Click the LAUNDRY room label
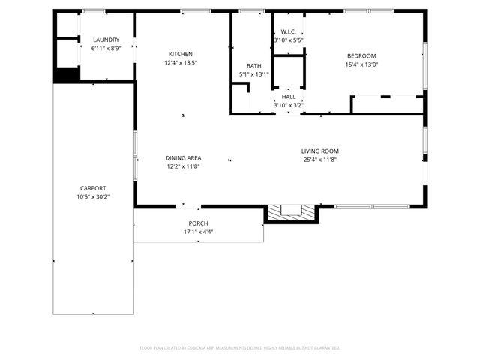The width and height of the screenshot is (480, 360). pyautogui.click(x=106, y=40)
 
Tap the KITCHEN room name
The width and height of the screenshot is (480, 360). pyautogui.click(x=180, y=54)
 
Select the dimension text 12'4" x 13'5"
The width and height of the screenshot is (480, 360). pyautogui.click(x=180, y=63)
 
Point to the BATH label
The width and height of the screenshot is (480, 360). pyautogui.click(x=253, y=66)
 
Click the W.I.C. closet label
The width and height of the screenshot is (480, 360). pyautogui.click(x=288, y=31)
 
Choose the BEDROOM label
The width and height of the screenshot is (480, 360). pyautogui.click(x=361, y=56)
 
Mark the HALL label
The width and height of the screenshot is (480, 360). pyautogui.click(x=288, y=97)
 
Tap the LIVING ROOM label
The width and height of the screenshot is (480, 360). pyautogui.click(x=320, y=151)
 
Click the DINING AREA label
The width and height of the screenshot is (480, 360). pyautogui.click(x=183, y=158)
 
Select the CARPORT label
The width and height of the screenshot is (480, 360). pyautogui.click(x=93, y=188)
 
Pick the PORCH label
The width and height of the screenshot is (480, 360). pyautogui.click(x=198, y=223)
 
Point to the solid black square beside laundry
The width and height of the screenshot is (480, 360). pyautogui.click(x=67, y=75)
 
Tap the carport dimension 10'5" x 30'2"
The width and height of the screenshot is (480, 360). pyautogui.click(x=93, y=197)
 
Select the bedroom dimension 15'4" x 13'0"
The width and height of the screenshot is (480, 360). pyautogui.click(x=361, y=65)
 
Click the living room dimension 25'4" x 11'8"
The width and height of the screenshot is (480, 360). pyautogui.click(x=320, y=160)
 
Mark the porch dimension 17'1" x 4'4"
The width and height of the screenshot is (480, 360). pyautogui.click(x=198, y=232)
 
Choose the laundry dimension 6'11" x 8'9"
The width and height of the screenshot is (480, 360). pyautogui.click(x=106, y=49)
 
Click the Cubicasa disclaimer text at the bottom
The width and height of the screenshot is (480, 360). pyautogui.click(x=240, y=348)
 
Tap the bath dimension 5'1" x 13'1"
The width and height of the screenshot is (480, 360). pyautogui.click(x=253, y=74)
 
